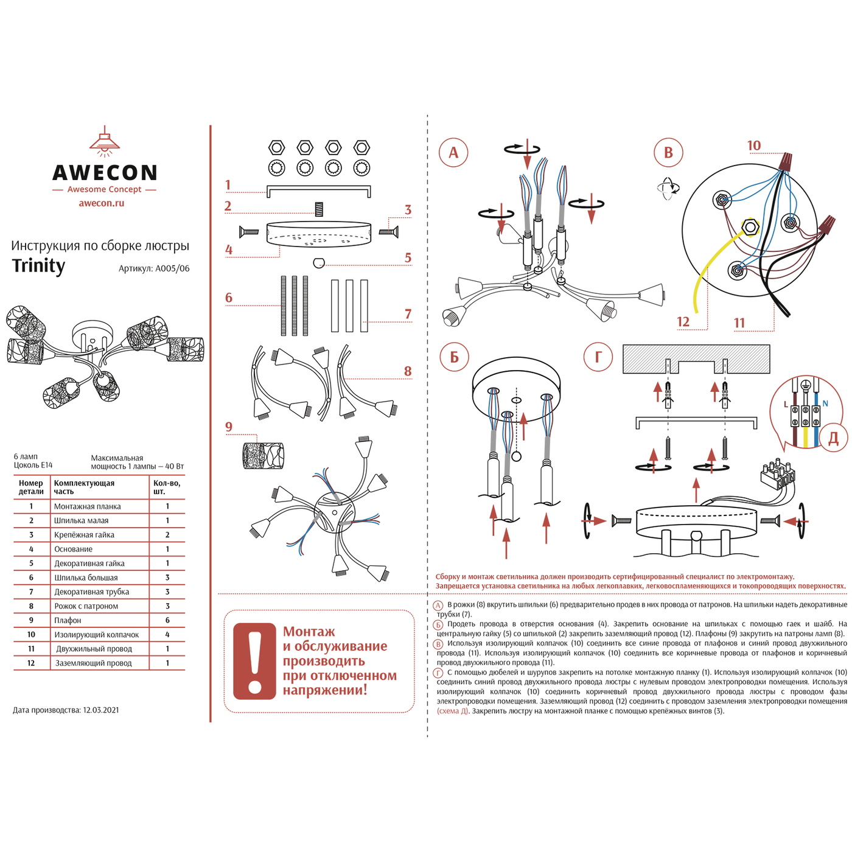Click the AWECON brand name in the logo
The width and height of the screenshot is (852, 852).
(x=105, y=173)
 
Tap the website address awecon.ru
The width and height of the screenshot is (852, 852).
(x=102, y=203)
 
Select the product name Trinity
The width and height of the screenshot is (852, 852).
(x=39, y=266)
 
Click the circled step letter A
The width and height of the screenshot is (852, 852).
(x=453, y=152)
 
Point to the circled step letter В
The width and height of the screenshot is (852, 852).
(x=668, y=153)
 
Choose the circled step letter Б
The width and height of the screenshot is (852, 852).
(x=454, y=357)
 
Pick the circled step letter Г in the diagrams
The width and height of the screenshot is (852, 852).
(x=598, y=357)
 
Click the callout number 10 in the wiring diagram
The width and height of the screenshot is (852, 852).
(x=754, y=145)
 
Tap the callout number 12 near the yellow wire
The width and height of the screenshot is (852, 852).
(x=683, y=322)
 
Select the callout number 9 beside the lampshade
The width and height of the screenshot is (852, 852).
(x=229, y=427)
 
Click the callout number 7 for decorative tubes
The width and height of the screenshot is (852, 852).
(x=408, y=314)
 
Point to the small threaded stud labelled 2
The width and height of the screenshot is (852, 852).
(x=318, y=209)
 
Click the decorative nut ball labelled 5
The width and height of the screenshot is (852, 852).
(x=319, y=262)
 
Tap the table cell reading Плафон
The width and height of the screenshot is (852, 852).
(x=68, y=620)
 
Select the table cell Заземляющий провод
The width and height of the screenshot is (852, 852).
(x=94, y=663)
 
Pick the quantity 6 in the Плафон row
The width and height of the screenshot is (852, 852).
(x=167, y=620)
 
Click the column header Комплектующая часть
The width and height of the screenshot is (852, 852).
(x=84, y=487)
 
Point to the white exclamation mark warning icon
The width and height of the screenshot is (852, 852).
(x=254, y=661)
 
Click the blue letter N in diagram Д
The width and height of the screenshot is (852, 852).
(x=825, y=403)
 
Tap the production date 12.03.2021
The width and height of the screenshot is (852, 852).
(x=101, y=710)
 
